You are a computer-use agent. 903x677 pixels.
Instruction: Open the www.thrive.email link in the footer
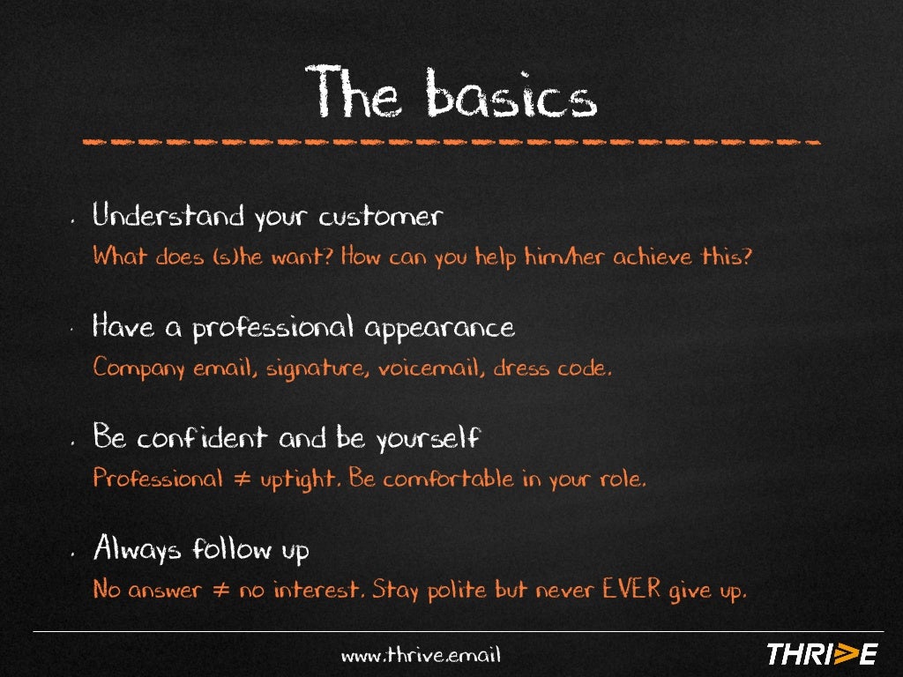(421, 655)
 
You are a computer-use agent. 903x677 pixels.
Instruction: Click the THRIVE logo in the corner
(821, 653)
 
